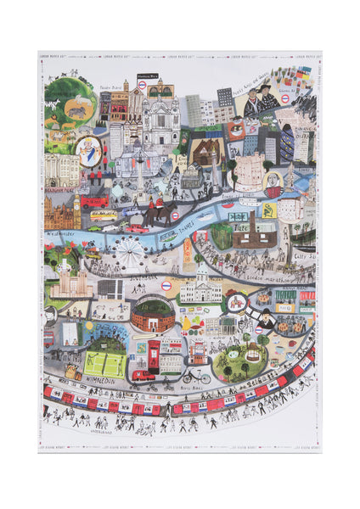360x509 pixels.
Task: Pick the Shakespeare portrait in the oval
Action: (x=273, y=181)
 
